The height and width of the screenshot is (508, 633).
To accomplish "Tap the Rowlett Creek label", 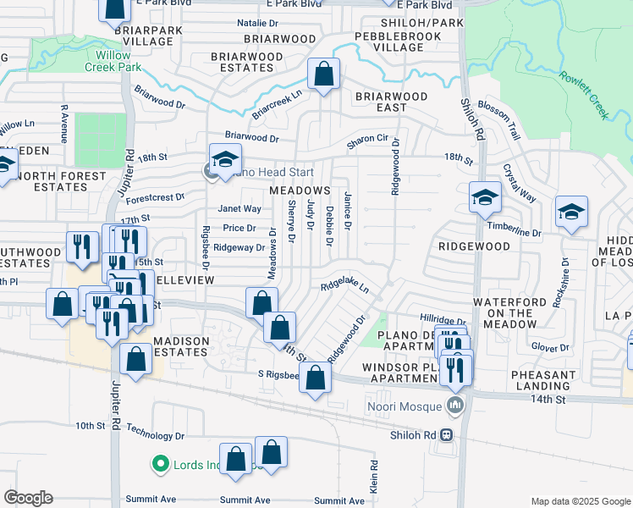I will tap(585, 95).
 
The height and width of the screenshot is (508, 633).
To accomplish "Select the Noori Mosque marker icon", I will tap(457, 406).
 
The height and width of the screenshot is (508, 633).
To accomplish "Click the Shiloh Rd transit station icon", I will tap(446, 434).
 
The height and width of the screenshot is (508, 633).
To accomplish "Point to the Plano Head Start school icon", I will tap(226, 159).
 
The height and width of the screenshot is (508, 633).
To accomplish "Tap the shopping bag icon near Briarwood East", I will tap(323, 74).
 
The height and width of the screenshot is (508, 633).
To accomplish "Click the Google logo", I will tap(28, 498).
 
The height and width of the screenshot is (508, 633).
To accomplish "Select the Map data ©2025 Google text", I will tap(580, 502).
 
